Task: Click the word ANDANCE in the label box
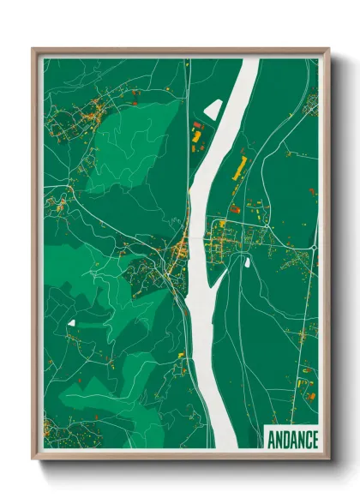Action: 291,438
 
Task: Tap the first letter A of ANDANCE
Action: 271,438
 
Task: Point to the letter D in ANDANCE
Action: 286,438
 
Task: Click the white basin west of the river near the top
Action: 212,108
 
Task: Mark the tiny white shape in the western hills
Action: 70,322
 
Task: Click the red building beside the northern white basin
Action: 195,135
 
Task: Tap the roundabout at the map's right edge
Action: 315,247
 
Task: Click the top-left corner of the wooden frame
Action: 33,50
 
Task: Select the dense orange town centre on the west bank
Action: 181,249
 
